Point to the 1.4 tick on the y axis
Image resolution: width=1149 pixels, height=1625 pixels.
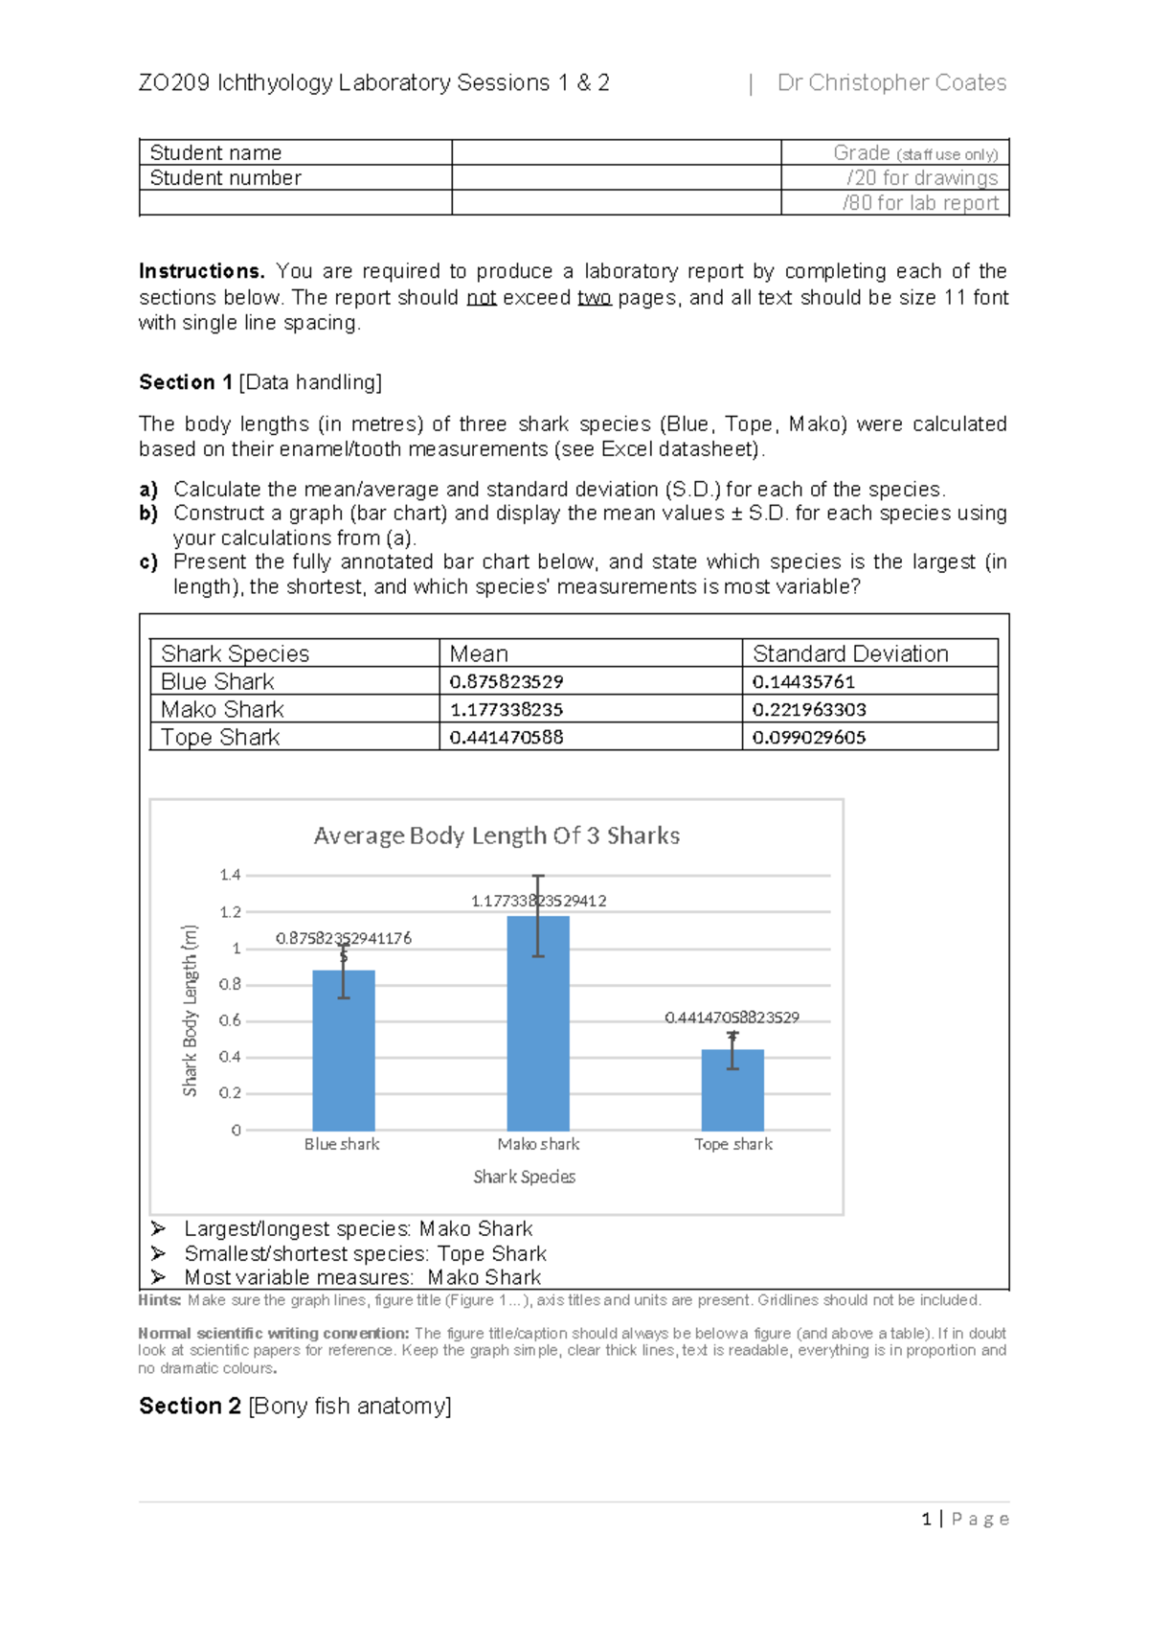click(x=230, y=875)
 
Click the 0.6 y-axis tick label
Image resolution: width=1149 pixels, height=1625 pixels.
click(x=230, y=1020)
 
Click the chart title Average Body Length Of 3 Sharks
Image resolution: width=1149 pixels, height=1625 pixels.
click(x=496, y=835)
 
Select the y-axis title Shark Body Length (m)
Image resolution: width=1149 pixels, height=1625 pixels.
click(x=190, y=1010)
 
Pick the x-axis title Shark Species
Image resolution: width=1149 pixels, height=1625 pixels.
click(x=524, y=1177)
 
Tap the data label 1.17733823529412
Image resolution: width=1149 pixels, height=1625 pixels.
click(x=538, y=901)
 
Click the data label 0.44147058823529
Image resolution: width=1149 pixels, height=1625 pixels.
click(x=732, y=1018)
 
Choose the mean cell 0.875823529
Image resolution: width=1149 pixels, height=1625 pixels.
click(x=507, y=681)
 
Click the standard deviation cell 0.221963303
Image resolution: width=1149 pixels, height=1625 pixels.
click(x=809, y=709)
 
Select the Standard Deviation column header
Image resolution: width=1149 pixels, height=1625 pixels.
click(x=850, y=653)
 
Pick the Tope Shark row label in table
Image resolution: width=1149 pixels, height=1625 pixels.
click(x=220, y=737)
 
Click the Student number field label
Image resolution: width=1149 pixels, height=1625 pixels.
click(x=225, y=178)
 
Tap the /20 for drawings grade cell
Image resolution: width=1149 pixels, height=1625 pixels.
click(x=921, y=178)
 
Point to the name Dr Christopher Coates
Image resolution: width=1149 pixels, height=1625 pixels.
click(x=891, y=83)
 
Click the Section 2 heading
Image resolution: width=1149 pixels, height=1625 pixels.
click(x=295, y=1406)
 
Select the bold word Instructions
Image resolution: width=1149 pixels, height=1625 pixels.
click(x=201, y=271)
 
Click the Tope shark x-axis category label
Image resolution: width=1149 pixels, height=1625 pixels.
click(x=732, y=1144)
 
